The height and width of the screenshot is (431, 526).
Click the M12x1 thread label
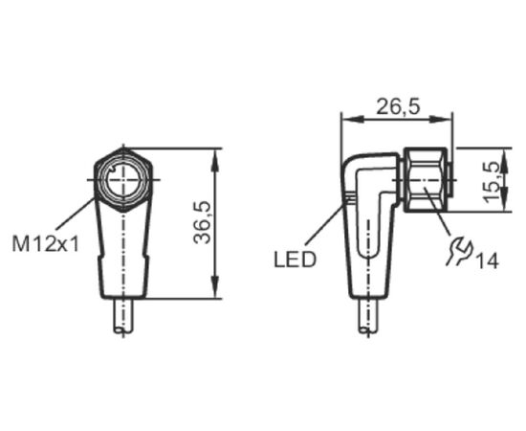(x=46, y=244)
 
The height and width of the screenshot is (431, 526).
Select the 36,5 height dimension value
(x=203, y=222)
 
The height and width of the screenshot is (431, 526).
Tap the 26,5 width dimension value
(x=398, y=107)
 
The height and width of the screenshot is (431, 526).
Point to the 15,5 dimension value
(x=493, y=182)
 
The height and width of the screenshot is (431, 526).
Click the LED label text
(x=296, y=260)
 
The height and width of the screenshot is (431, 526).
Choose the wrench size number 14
(x=488, y=261)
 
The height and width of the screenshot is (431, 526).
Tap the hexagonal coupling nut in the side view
(x=426, y=180)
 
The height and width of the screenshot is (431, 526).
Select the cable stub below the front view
(x=123, y=316)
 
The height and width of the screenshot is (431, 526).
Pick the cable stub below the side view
(x=368, y=316)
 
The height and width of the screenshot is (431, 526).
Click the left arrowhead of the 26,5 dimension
(x=352, y=119)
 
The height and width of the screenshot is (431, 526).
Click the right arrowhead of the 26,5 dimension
(x=441, y=119)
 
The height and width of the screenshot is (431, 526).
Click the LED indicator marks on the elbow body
(x=350, y=198)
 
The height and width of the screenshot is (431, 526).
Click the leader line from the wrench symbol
(x=437, y=211)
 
